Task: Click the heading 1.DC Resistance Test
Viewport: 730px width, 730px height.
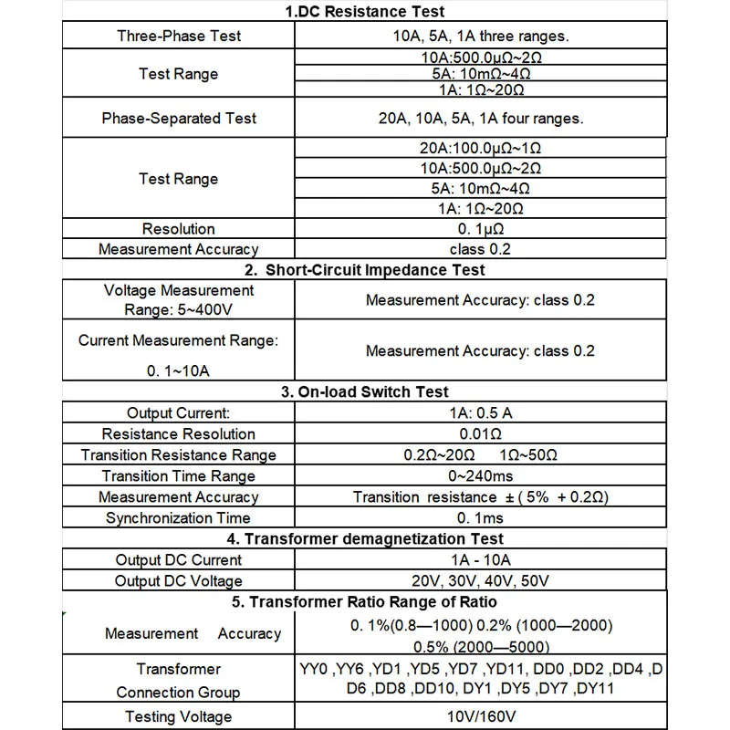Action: (364, 12)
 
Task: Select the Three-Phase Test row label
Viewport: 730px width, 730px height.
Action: (179, 36)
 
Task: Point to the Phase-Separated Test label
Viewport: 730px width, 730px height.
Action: (179, 119)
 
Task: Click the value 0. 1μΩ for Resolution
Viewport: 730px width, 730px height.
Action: (480, 229)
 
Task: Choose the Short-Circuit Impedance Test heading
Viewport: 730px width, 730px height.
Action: (364, 270)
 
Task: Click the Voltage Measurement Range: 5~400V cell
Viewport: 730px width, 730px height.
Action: (179, 299)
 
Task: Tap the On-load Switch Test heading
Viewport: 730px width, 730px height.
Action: (364, 392)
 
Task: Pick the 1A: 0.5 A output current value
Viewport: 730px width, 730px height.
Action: (480, 413)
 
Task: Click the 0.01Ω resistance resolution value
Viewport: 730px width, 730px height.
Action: (480, 434)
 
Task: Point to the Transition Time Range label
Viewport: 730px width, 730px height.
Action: (179, 476)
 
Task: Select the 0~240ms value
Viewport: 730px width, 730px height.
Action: (480, 476)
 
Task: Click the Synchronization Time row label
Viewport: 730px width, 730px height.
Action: (179, 518)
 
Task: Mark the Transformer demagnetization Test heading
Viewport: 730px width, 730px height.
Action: (364, 539)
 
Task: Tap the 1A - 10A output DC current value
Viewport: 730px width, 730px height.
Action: (480, 560)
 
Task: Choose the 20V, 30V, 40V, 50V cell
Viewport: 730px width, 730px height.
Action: (480, 581)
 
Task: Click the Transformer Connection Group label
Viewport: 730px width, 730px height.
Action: (179, 681)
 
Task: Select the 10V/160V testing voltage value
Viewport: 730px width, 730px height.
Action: (480, 717)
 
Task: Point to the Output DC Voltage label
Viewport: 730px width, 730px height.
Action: (179, 581)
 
